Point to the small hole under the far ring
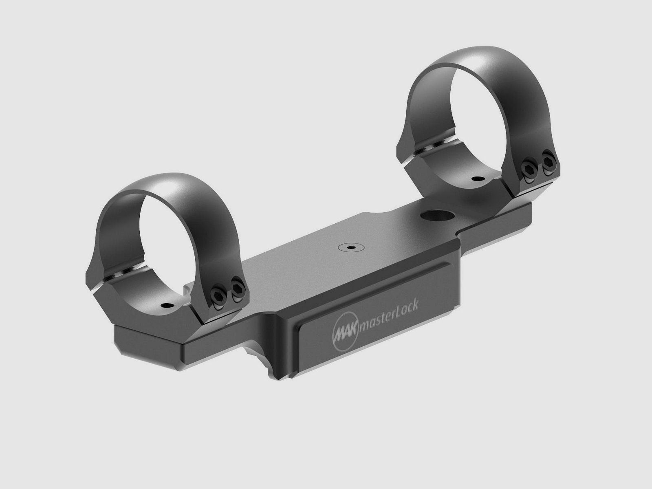(x=476, y=178)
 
